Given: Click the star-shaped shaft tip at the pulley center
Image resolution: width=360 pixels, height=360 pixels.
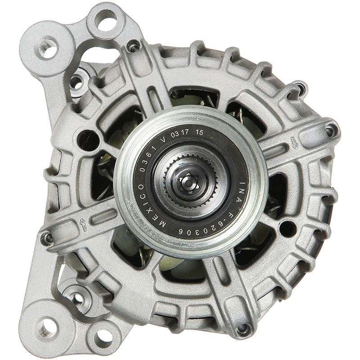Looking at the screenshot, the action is tap(189, 183).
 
